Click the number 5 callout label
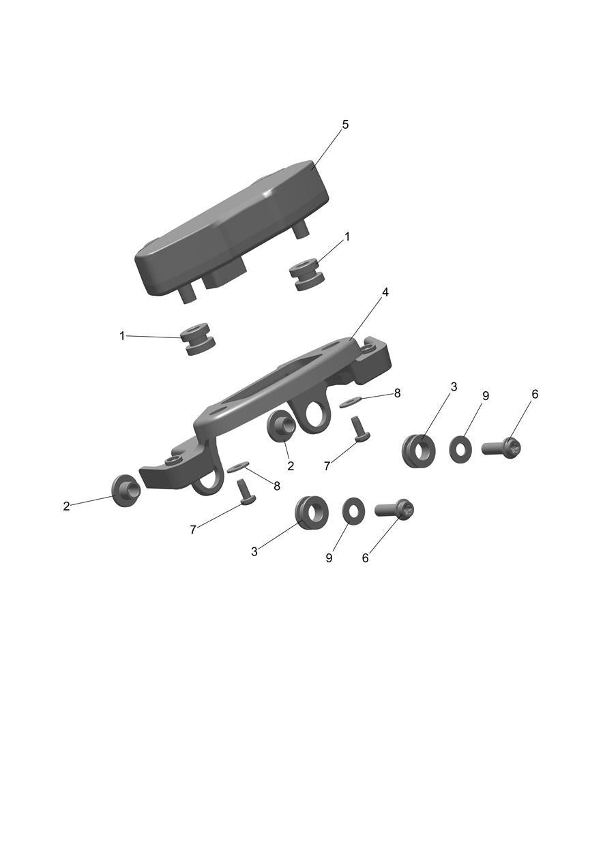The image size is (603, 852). tap(345, 125)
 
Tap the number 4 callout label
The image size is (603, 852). tap(385, 293)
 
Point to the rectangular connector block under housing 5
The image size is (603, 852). tap(225, 275)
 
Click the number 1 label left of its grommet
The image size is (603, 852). tap(122, 336)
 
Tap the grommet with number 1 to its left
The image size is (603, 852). tap(198, 339)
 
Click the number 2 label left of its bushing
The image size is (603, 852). tap(67, 506)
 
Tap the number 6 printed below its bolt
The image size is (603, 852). tap(366, 558)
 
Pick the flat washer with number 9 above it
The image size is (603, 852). tap(461, 450)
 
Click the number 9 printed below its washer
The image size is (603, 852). tap(329, 558)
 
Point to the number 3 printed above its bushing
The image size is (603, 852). tap(454, 387)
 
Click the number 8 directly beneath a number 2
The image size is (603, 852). tap(277, 486)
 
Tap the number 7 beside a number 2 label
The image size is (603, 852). tap(327, 466)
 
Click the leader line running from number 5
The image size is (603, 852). tap(327, 149)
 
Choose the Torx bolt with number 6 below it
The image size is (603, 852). tap(394, 508)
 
